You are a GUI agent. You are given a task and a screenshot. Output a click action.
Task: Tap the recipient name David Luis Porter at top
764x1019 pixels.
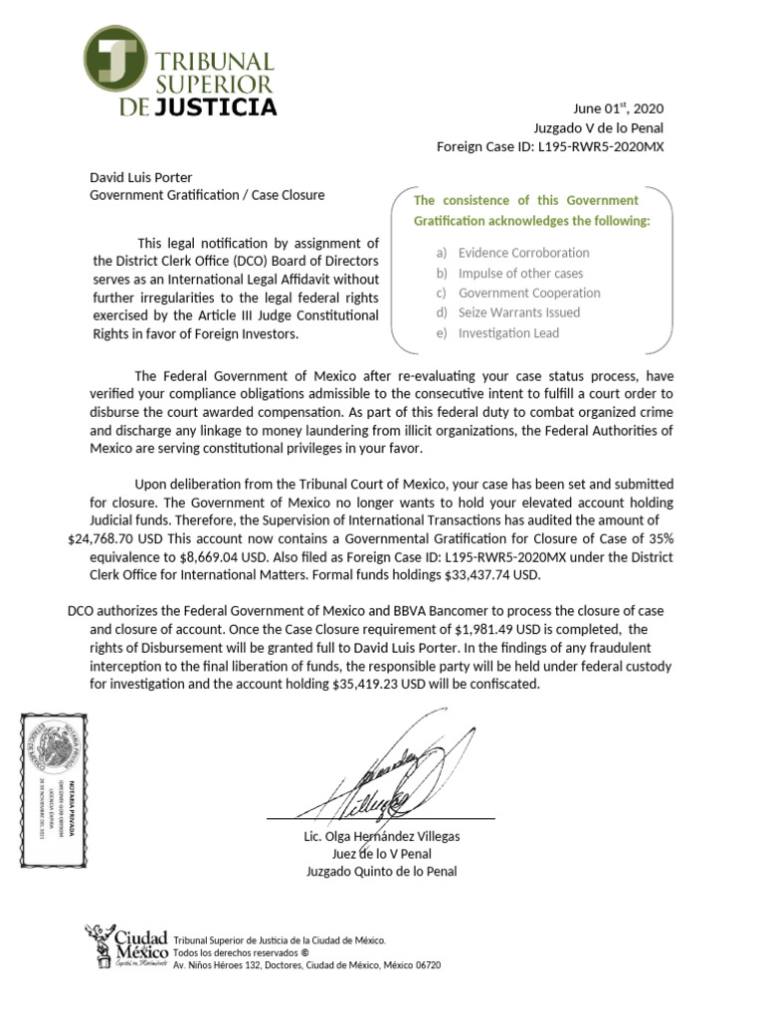141,177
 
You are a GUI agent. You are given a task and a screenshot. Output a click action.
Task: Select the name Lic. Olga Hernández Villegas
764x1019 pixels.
382,836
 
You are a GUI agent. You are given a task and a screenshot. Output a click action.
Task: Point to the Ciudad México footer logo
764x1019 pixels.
126,945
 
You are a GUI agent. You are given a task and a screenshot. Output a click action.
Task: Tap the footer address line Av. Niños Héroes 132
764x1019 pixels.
306,965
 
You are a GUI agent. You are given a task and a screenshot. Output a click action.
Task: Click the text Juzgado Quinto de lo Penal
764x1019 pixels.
382,872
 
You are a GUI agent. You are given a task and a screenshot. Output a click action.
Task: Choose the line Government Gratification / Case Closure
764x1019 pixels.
207,195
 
